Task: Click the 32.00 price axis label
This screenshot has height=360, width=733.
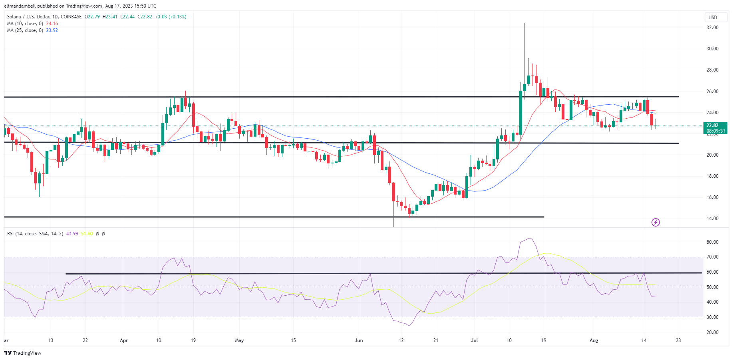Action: coord(712,28)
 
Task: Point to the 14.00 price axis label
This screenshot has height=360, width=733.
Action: coord(712,219)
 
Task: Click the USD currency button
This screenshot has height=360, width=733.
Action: coord(713,18)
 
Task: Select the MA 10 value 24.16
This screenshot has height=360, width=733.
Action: coord(52,24)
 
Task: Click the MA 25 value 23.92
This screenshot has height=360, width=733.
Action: coord(52,30)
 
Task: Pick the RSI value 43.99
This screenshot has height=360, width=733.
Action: coord(72,234)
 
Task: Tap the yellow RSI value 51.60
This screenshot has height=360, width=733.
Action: coord(87,234)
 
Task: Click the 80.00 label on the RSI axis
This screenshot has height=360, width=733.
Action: coord(712,242)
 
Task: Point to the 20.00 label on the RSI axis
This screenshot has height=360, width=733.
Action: coord(712,332)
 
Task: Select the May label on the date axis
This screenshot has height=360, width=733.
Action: coord(239,340)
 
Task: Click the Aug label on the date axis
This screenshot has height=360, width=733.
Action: coord(594,340)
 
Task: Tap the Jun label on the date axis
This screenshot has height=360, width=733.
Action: coord(359,340)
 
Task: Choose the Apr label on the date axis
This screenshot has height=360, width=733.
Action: coord(124,340)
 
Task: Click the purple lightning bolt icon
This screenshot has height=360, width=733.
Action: coord(656,222)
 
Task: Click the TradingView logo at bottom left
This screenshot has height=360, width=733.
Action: coord(23,353)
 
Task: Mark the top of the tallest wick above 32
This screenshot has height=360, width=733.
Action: coord(524,24)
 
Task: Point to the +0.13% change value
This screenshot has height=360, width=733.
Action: coord(178,17)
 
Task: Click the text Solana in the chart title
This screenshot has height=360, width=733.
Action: coord(15,17)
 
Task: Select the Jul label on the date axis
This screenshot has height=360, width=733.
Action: coord(474,340)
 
